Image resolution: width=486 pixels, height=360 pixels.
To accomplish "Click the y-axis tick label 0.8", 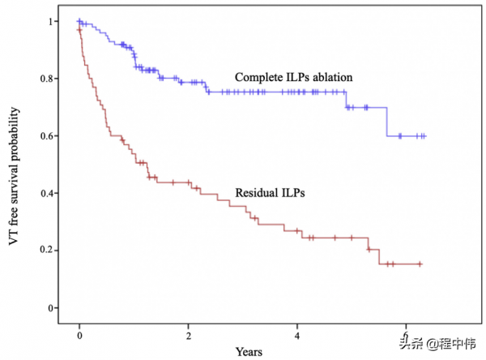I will click(50, 79).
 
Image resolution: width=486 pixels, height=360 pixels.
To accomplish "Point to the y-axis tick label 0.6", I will click(50, 136).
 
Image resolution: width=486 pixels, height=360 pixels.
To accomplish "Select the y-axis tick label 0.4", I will click(50, 193).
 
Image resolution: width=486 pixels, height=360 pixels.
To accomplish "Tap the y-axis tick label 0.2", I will click(50, 251).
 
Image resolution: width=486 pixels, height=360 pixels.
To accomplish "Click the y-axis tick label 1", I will click(53, 21).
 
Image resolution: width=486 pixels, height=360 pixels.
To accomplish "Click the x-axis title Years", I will click(249, 352).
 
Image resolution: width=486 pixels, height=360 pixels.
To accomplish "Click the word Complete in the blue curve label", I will click(258, 77).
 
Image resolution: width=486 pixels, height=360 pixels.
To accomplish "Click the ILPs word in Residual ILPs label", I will click(298, 193).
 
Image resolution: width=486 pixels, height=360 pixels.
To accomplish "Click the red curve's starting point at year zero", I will click(79, 30).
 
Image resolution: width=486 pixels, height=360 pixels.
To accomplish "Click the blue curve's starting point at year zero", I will click(79, 21).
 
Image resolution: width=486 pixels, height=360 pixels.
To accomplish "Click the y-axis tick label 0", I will click(53, 308).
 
